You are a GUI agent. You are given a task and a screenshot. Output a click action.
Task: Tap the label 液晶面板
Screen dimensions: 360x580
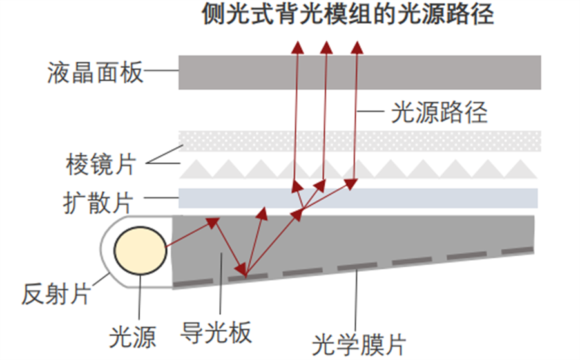click(95, 72)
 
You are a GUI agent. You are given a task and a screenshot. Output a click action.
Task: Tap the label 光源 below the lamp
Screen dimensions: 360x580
click(133, 337)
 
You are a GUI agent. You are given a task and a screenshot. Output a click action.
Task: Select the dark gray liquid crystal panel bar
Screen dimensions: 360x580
click(360, 72)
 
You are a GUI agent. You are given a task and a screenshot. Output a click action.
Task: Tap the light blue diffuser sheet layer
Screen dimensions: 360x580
click(358, 198)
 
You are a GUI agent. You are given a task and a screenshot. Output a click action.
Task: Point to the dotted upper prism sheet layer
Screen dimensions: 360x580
click(360, 141)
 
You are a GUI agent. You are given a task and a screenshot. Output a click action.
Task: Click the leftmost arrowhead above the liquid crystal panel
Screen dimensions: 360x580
click(298, 46)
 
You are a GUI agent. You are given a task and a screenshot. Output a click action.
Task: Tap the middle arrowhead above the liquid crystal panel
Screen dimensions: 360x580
click(326, 46)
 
